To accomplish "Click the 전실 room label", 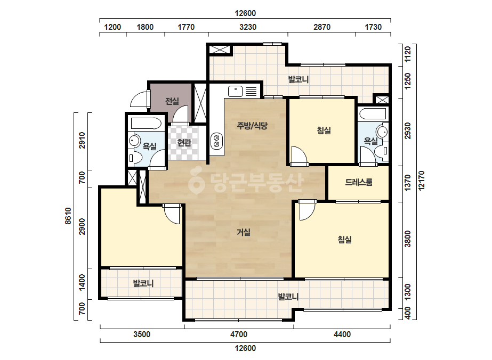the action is [x=172, y=101].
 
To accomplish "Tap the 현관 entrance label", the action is [x=184, y=143].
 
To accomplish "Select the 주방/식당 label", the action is [x=252, y=126].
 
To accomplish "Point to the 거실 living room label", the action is [x=244, y=232].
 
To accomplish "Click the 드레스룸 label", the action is [x=359, y=182].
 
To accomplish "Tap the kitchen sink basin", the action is [x=235, y=91].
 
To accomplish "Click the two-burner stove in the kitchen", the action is [x=216, y=141].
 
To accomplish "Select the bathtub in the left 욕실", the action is [x=146, y=123].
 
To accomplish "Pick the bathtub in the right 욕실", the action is [x=373, y=113].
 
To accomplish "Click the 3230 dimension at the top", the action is [x=248, y=27].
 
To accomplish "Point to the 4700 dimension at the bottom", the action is [x=239, y=334].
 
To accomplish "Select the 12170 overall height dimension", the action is [x=422, y=181].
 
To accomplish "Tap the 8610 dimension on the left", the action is [x=68, y=216].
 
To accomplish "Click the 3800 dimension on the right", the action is [x=407, y=239].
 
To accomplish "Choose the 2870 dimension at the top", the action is [x=322, y=27].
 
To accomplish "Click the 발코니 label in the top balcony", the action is [x=299, y=79].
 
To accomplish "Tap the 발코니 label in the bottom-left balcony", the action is [x=143, y=284].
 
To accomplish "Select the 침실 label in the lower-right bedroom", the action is [x=344, y=240].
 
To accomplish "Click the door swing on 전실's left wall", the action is [x=140, y=98].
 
